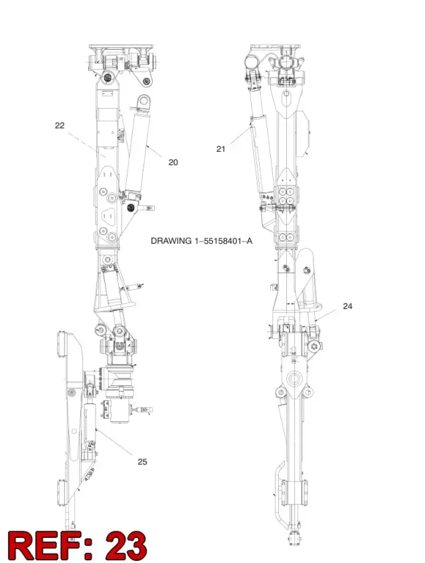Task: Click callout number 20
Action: (x=173, y=162)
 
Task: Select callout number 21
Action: (x=220, y=149)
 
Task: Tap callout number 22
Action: (x=60, y=125)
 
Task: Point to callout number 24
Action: (x=347, y=306)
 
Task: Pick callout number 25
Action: (x=142, y=462)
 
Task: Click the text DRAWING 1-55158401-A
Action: (x=201, y=241)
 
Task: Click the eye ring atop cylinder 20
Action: (x=144, y=101)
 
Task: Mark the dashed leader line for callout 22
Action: (x=86, y=145)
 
